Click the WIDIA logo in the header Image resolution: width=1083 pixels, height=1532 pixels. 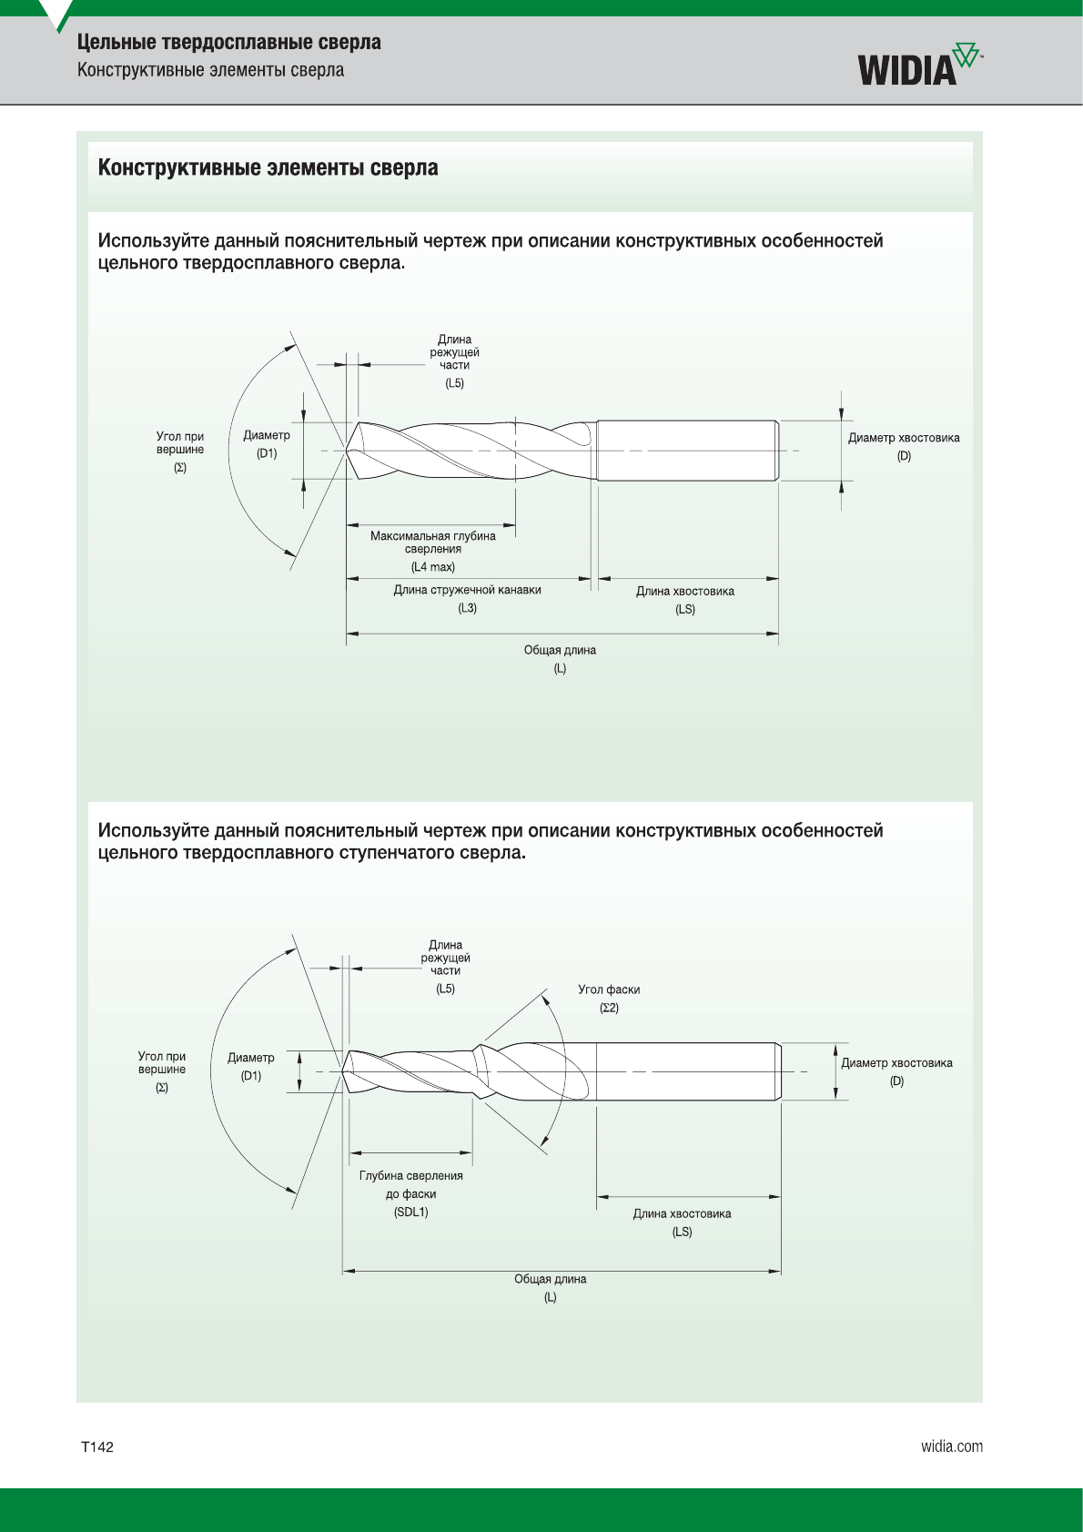click(x=920, y=65)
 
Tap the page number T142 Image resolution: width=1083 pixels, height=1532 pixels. click(x=97, y=1446)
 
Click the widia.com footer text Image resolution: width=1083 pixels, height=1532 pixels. click(x=952, y=1446)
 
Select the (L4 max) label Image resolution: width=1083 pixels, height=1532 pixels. click(x=433, y=567)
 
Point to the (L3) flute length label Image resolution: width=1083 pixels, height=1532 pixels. click(x=467, y=608)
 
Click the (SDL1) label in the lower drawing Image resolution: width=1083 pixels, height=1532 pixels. click(x=411, y=1212)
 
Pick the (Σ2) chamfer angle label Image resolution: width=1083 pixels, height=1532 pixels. click(x=609, y=1008)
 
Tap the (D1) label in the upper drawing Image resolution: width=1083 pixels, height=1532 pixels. click(x=267, y=453)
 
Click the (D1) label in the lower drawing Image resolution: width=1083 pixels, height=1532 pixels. click(x=251, y=1076)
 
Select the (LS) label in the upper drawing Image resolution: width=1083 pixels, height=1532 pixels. click(x=685, y=609)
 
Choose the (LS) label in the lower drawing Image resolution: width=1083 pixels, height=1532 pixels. click(x=682, y=1232)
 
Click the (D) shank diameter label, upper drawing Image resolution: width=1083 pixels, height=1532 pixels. click(x=904, y=456)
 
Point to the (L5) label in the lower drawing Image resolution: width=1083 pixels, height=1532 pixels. click(x=445, y=989)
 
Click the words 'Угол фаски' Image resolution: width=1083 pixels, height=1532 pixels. click(x=609, y=989)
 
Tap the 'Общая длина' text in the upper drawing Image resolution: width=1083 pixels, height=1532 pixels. click(x=560, y=651)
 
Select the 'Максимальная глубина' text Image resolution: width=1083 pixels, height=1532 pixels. click(x=433, y=536)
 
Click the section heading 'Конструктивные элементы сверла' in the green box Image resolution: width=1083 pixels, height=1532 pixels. click(x=268, y=168)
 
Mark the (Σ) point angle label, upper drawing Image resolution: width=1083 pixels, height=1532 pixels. click(x=180, y=468)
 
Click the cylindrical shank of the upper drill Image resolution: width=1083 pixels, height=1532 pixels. click(x=688, y=451)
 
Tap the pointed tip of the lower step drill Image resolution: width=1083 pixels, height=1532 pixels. click(x=342, y=1071)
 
